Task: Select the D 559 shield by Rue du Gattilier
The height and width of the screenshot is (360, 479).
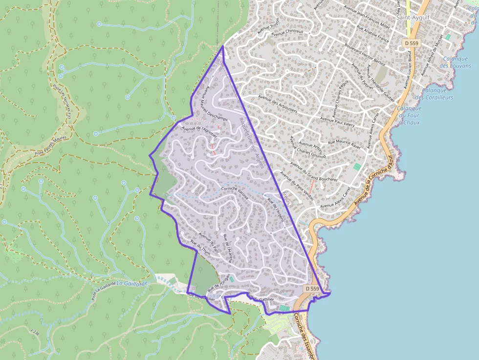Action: pos(312,289)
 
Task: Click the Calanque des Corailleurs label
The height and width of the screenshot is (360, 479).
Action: pos(437,94)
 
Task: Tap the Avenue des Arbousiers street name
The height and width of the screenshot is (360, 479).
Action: pos(278,104)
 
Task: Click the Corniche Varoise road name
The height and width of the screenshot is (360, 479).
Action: pos(235,193)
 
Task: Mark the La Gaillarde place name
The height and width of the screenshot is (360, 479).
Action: pos(132,284)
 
